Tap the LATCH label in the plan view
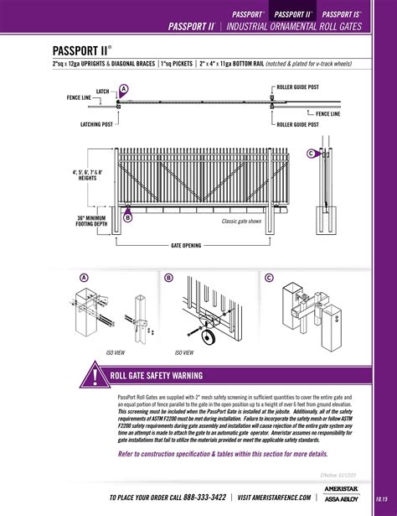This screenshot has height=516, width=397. pos(102,90)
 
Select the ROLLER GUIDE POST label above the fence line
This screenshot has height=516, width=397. pos(296,86)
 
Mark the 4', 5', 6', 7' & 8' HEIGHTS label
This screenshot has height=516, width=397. pos(87,175)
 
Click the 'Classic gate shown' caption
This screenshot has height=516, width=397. pos(242,222)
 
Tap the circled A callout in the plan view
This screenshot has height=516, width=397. pos(124,89)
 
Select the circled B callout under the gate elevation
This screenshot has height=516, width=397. pos(128,217)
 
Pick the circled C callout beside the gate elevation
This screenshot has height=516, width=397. pos(311,154)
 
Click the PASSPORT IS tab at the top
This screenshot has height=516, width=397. pos(341,14)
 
